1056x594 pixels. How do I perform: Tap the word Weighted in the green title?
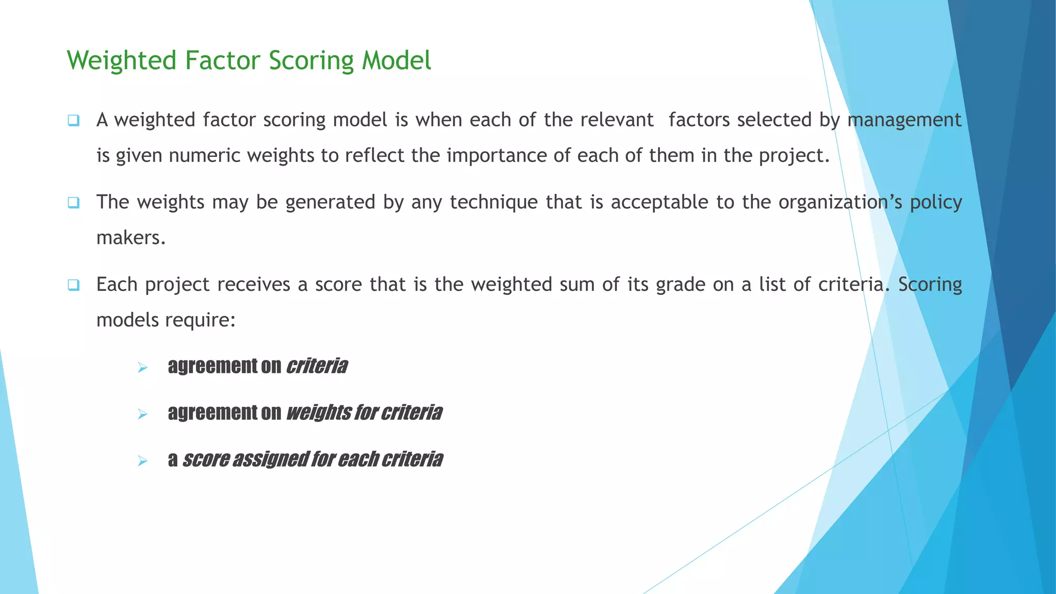pyautogui.click(x=122, y=61)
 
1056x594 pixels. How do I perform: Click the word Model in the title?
pyautogui.click(x=396, y=60)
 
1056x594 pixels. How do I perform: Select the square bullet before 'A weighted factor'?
pyautogui.click(x=73, y=121)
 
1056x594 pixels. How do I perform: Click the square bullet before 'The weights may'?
pyautogui.click(x=73, y=203)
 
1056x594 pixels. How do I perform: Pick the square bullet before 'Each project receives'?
pyautogui.click(x=73, y=285)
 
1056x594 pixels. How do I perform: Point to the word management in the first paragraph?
pyautogui.click(x=904, y=120)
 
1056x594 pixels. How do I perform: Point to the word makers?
pyautogui.click(x=130, y=238)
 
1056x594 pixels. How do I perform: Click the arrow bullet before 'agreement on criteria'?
pyautogui.click(x=143, y=368)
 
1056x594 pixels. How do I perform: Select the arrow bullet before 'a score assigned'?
pyautogui.click(x=143, y=460)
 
